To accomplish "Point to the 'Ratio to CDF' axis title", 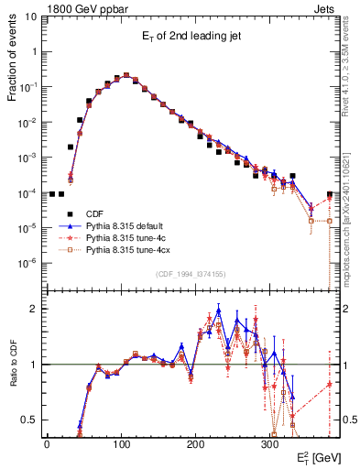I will pyautogui.click(x=14, y=367).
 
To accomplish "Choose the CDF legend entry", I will pyautogui.click(x=93, y=213).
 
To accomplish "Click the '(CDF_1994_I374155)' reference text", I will pyautogui.click(x=192, y=273).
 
